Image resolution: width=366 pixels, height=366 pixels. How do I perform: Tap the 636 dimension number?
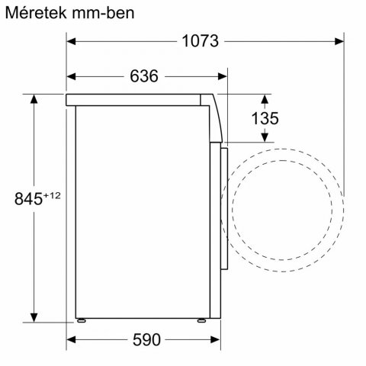pyautogui.click(x=144, y=75)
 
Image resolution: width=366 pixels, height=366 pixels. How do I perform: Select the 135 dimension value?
pyautogui.click(x=265, y=118)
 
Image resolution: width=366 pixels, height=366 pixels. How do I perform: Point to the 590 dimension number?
pyautogui.click(x=146, y=339)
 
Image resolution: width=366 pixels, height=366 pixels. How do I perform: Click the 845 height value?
pyautogui.click(x=27, y=199)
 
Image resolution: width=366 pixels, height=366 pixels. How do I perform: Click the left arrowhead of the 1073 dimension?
pyautogui.click(x=71, y=41)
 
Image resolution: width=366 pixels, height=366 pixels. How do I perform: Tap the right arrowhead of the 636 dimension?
pyautogui.click(x=222, y=75)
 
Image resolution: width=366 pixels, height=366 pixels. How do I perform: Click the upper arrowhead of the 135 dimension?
pyautogui.click(x=265, y=98)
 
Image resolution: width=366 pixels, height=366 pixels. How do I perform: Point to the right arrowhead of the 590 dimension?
pyautogui.click(x=207, y=339)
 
